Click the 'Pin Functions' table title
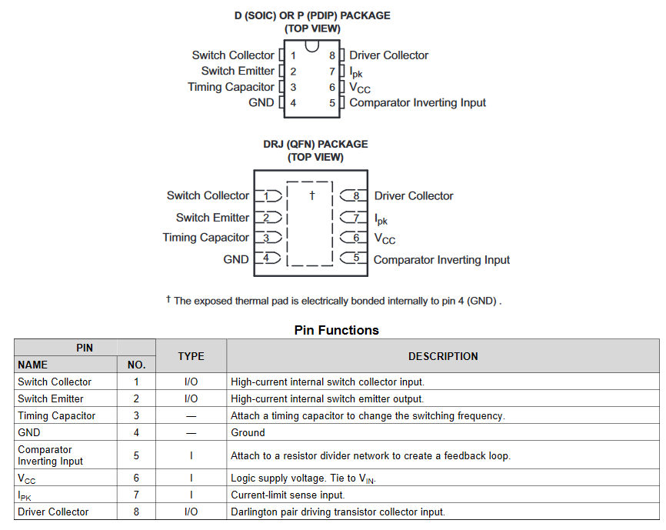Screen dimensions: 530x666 (336, 330)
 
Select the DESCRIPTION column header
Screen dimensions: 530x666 (442, 356)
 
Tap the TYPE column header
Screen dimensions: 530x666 (191, 356)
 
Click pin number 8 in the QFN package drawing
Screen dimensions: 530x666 (355, 196)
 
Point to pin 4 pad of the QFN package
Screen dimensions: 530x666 (267, 258)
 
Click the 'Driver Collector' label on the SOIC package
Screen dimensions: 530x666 (388, 55)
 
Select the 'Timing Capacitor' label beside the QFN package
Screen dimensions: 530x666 (205, 238)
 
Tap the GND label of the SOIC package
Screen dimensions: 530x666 (261, 102)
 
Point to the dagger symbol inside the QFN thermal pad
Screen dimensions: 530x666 (312, 195)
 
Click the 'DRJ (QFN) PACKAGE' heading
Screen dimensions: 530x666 (315, 144)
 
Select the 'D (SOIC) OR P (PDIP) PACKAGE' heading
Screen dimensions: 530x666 (312, 15)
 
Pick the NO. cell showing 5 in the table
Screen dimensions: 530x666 (136, 455)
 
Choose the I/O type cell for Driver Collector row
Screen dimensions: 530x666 (191, 512)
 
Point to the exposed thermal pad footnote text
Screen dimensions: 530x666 (334, 301)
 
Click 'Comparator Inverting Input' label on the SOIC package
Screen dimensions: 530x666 (418, 102)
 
